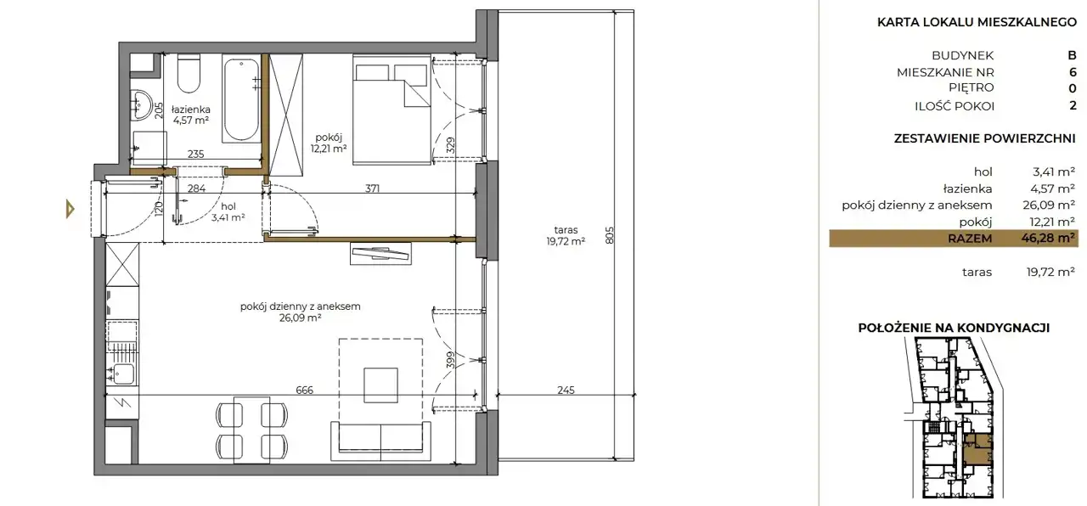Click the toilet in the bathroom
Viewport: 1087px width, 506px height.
[x=189, y=73]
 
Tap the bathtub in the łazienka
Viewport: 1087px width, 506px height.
[x=241, y=98]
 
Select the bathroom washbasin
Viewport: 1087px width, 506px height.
[x=142, y=104]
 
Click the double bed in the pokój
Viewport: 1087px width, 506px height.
[x=391, y=110]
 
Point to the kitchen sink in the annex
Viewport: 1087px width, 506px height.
[x=121, y=374]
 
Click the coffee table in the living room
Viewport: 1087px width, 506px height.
[x=381, y=385]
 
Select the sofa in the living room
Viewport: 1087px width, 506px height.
[x=381, y=441]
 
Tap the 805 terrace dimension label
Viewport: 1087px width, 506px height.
[x=610, y=235]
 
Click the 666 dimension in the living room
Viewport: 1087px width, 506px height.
[x=304, y=390]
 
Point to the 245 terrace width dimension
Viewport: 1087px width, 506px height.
[x=566, y=390]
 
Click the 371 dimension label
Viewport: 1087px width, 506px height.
[x=372, y=188]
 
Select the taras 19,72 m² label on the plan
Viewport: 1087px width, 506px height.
[x=566, y=235]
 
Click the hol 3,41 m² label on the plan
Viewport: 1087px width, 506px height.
[x=228, y=212]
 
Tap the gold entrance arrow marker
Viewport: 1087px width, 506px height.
[x=70, y=209]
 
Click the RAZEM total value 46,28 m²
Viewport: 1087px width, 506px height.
[x=1048, y=239]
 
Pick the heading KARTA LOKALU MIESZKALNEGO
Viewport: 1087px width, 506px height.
[x=977, y=22]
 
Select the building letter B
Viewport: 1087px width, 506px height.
[x=1072, y=55]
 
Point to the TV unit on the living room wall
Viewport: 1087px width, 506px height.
[x=381, y=254]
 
